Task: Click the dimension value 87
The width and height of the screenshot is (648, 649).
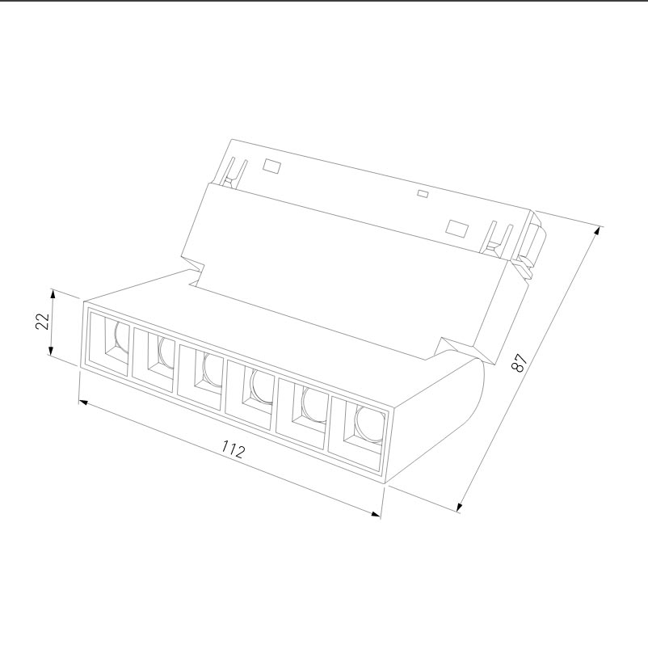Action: [520, 363]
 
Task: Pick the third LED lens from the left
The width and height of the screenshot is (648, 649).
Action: [212, 369]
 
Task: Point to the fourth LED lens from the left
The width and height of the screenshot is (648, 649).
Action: [260, 386]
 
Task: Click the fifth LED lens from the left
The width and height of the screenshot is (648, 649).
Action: [312, 402]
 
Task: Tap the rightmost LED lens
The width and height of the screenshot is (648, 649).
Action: [368, 422]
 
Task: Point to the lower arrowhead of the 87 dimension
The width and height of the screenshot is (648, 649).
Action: [459, 507]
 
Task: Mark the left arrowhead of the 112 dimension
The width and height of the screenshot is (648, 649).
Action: [82, 400]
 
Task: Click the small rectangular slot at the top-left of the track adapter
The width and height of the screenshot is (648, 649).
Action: [271, 166]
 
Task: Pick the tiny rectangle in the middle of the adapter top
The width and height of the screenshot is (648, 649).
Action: [421, 194]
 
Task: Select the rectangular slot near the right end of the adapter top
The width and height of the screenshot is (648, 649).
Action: [457, 227]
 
